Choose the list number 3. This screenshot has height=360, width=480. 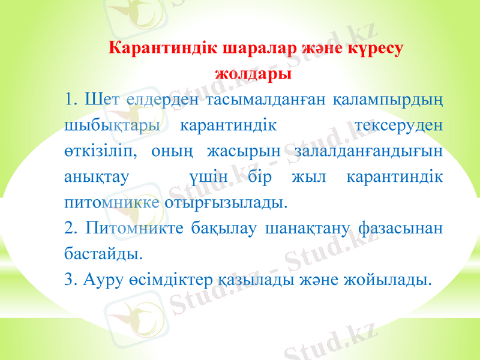click(x=71, y=279)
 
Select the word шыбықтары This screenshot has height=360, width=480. click(x=112, y=125)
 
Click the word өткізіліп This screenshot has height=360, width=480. click(x=100, y=151)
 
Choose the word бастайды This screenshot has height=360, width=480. click(x=103, y=254)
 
